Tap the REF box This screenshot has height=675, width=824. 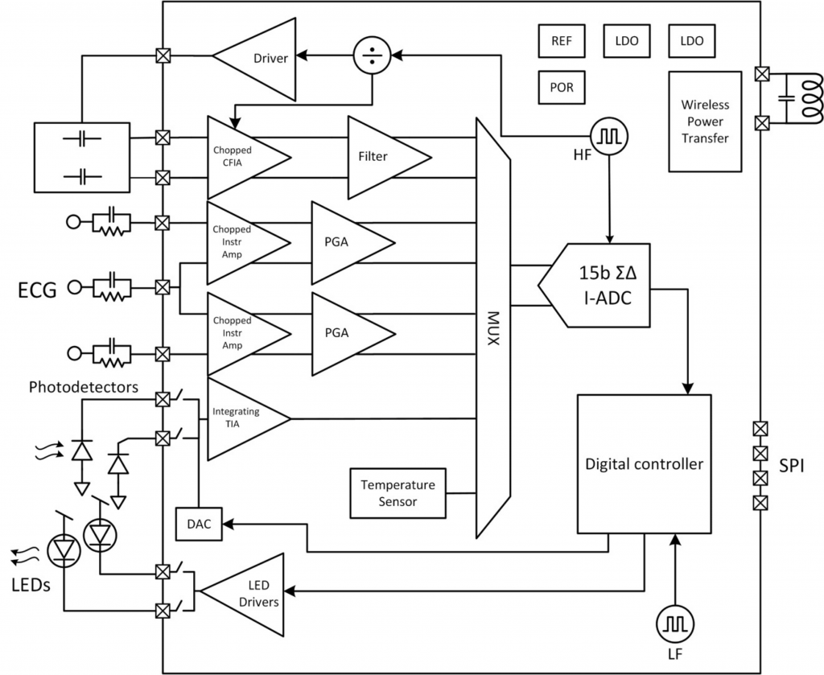[562, 40]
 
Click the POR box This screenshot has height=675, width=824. [562, 87]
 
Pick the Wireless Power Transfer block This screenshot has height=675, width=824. [704, 121]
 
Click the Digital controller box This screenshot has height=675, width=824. [644, 464]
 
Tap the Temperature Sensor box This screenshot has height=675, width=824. [398, 493]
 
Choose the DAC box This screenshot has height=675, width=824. [197, 524]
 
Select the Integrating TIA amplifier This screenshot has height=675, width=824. [241, 418]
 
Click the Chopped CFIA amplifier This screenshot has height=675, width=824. [241, 157]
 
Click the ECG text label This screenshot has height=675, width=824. [37, 290]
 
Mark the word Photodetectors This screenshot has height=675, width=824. [84, 387]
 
